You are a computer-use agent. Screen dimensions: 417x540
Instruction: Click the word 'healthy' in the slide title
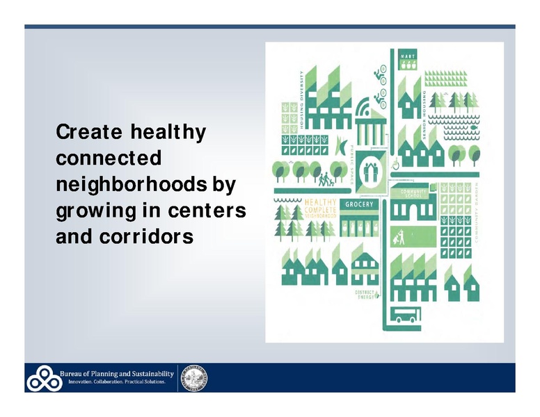[166, 132]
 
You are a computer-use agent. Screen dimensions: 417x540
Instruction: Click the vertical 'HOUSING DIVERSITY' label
[301, 99]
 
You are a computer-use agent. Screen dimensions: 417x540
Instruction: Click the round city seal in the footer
[194, 377]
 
